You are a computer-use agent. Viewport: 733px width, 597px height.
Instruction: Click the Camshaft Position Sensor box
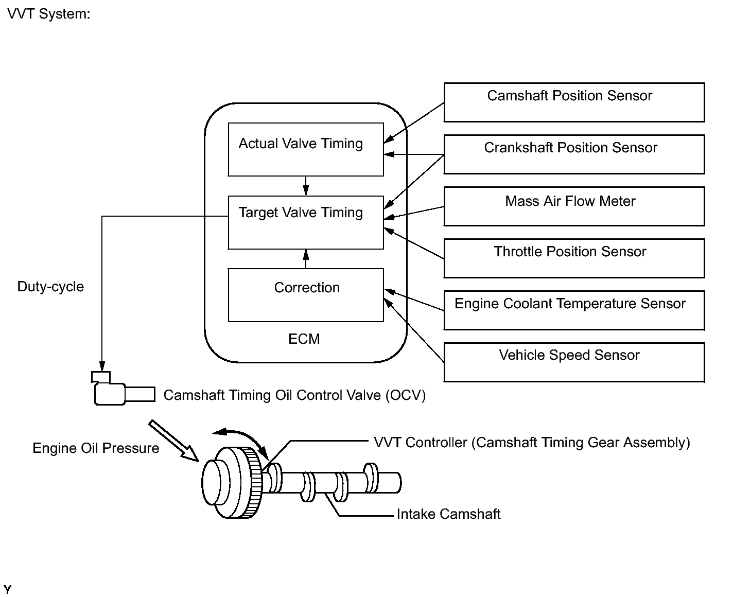click(x=574, y=102)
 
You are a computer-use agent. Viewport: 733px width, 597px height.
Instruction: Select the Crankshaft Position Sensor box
click(x=574, y=154)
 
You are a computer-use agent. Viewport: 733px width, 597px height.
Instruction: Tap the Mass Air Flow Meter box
click(x=574, y=206)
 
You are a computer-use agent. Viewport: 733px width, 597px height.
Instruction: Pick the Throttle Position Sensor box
click(x=574, y=258)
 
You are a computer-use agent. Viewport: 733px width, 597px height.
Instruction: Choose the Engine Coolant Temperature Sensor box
click(x=574, y=310)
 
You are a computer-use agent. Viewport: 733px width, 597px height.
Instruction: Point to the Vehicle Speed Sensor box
click(x=574, y=362)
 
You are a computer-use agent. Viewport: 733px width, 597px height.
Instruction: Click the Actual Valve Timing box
click(x=306, y=149)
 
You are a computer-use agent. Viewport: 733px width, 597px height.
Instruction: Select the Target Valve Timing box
click(x=306, y=222)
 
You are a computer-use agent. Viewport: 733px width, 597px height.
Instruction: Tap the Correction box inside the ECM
click(x=306, y=295)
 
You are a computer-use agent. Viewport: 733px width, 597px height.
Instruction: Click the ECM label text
click(x=304, y=339)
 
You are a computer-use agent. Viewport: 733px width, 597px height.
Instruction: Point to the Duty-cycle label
click(x=50, y=287)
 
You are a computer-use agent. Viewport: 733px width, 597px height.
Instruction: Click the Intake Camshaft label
click(x=448, y=514)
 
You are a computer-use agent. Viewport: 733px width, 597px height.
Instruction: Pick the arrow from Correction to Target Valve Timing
click(x=306, y=259)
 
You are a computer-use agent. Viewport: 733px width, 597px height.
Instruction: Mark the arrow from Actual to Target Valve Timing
click(x=306, y=186)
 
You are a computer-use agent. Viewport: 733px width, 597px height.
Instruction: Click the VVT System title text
click(x=49, y=14)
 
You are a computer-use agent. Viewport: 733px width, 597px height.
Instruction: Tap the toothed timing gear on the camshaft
click(x=253, y=483)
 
